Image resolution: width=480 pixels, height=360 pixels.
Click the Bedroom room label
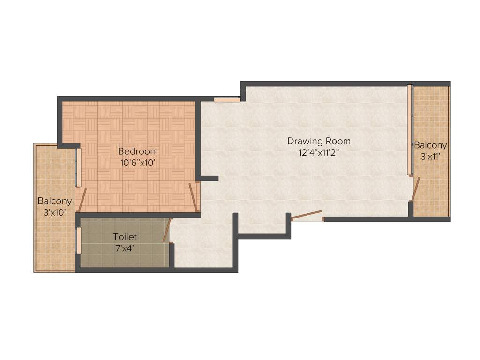pos(138,151)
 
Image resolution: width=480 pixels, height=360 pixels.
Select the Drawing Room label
pos(318,141)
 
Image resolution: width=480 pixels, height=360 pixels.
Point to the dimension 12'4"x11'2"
pos(318,153)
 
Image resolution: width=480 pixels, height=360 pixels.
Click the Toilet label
pos(125,237)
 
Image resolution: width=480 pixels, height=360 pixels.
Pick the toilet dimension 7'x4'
pos(125,248)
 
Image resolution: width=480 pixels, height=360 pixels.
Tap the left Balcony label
pos(55,201)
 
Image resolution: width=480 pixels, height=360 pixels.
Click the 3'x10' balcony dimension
pos(55,212)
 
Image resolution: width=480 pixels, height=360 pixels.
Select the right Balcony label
pos(430,145)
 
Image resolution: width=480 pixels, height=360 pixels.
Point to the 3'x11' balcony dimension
pos(430,157)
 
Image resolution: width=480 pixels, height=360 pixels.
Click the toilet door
pos(167,230)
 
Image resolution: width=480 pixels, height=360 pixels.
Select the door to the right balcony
pos(414,188)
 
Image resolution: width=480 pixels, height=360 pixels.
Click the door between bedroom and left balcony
pos(82,200)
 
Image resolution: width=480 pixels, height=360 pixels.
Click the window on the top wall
pos(227,99)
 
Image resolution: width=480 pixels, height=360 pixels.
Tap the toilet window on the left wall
pos(78,240)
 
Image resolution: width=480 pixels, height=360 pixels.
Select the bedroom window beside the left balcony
pos(78,167)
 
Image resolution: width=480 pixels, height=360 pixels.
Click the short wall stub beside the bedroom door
pos(209,179)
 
